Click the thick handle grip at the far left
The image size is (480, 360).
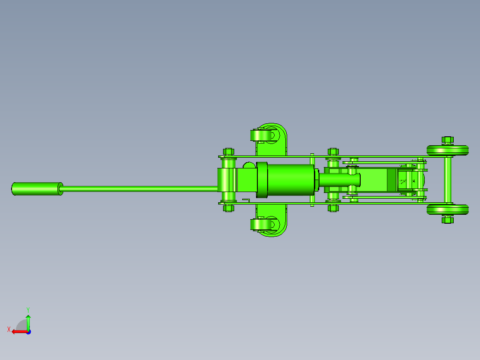(37, 189)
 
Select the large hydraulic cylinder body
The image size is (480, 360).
(290, 180)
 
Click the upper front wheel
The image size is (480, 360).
(447, 151)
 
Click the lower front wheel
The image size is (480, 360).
(447, 209)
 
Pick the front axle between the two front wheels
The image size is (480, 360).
(448, 180)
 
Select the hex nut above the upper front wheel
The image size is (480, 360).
(447, 140)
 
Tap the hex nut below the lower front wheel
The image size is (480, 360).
(447, 220)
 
